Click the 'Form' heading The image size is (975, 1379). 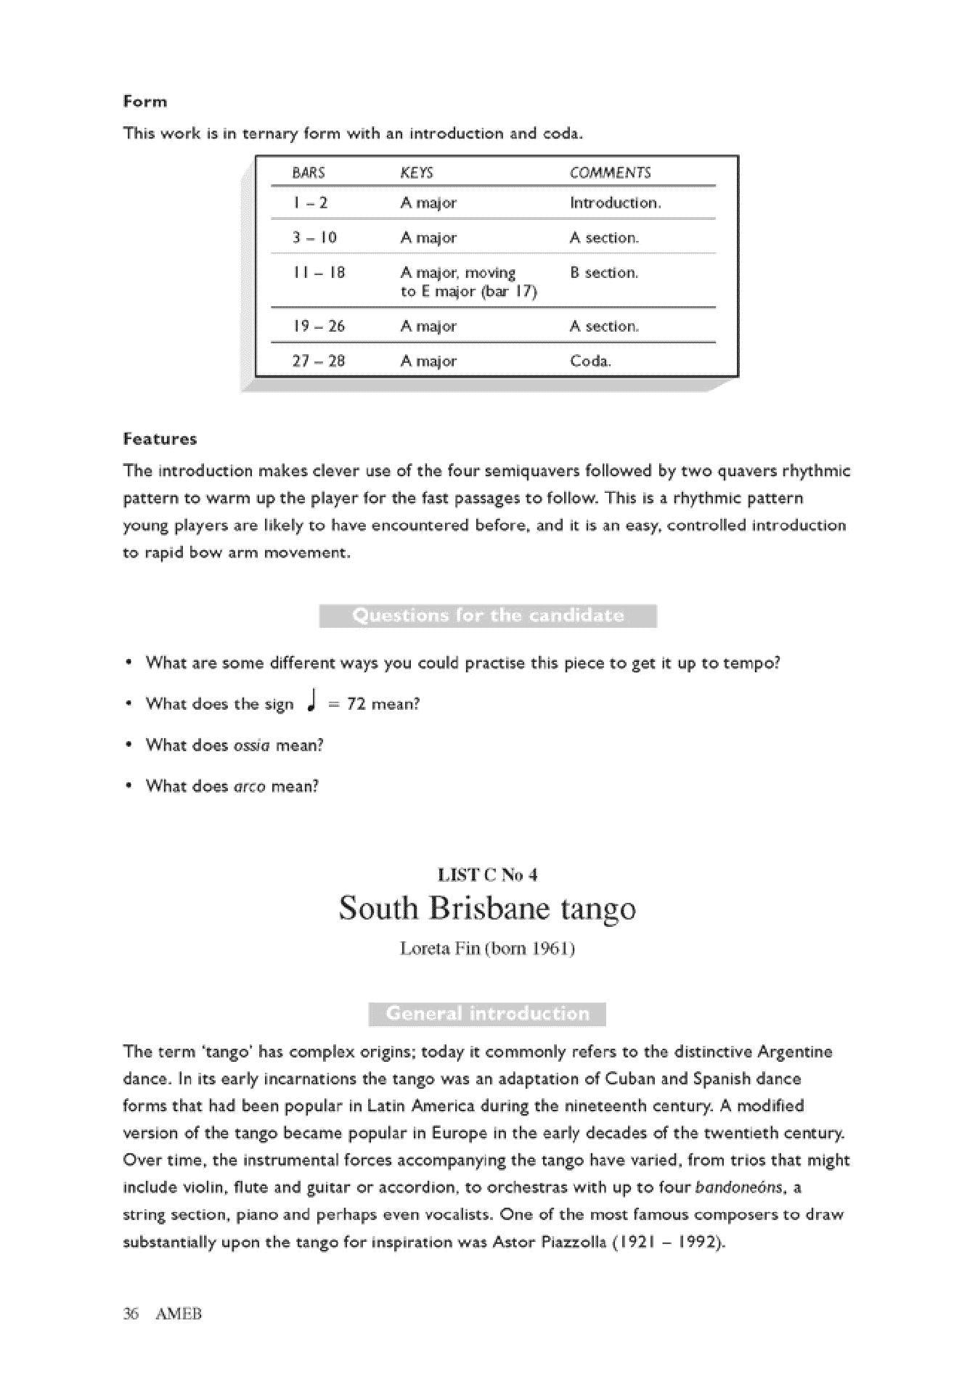click(145, 102)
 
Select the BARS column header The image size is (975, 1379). click(309, 173)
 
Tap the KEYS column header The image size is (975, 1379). click(417, 173)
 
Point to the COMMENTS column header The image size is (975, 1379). click(610, 173)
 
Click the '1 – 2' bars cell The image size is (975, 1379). click(310, 203)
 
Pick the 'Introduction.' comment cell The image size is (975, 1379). click(615, 203)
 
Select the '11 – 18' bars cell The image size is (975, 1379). click(319, 273)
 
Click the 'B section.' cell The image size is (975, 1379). click(604, 273)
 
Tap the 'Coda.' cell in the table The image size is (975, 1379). click(590, 361)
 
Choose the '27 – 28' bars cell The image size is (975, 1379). click(319, 361)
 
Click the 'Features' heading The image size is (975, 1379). click(160, 439)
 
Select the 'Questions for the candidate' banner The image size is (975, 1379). click(488, 616)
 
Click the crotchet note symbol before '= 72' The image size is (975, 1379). click(311, 701)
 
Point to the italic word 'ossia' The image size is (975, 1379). click(251, 745)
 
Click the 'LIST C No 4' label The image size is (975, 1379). click(487, 875)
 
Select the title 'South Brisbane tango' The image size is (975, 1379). click(487, 909)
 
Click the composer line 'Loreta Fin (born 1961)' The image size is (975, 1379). click(487, 949)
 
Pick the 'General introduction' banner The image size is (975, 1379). click(487, 1014)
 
